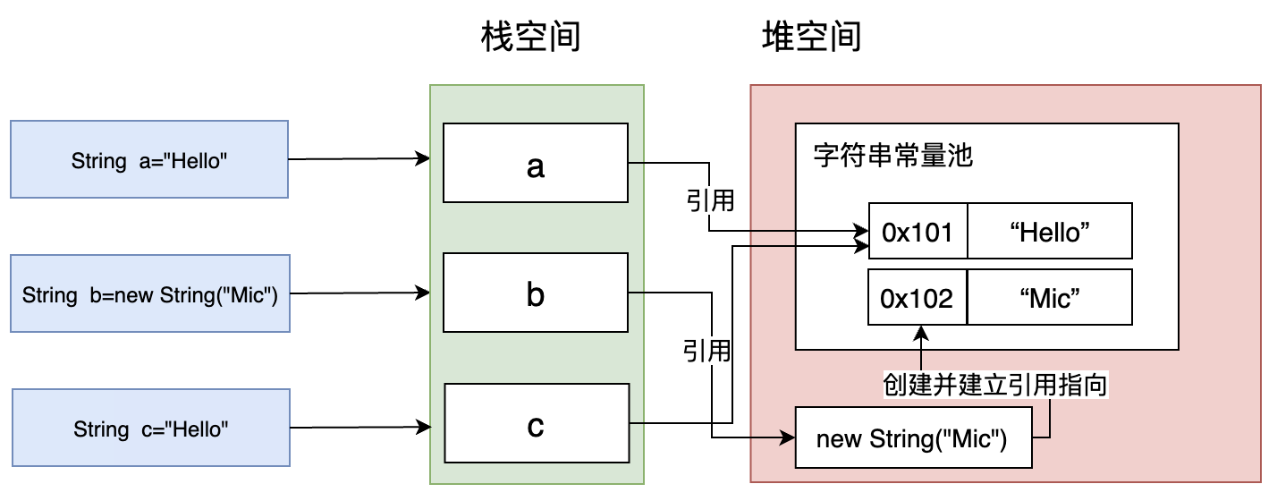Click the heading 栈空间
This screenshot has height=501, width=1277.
[x=531, y=38]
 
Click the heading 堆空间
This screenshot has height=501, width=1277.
[x=810, y=38]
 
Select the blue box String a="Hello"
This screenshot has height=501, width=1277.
[x=149, y=160]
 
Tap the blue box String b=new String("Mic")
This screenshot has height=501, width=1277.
[x=149, y=293]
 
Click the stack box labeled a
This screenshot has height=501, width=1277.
[x=535, y=164]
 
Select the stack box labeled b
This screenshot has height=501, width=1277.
[x=535, y=293]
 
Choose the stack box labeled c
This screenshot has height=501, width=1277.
[x=535, y=425]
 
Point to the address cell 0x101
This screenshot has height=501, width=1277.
[x=918, y=231]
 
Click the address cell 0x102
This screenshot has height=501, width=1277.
[x=918, y=297]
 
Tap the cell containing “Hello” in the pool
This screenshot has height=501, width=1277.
[x=1049, y=231]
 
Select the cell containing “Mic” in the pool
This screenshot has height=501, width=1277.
[x=1049, y=297]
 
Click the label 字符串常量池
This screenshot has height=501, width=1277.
[x=893, y=156]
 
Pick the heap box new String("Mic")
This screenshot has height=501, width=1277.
[x=912, y=437]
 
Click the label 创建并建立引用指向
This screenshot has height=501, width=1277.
[x=995, y=385]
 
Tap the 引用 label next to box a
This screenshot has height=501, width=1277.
[x=710, y=200]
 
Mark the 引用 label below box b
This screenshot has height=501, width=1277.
[x=706, y=350]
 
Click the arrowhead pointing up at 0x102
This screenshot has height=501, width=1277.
[x=920, y=333]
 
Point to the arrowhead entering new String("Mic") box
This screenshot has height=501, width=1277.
[x=788, y=437]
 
